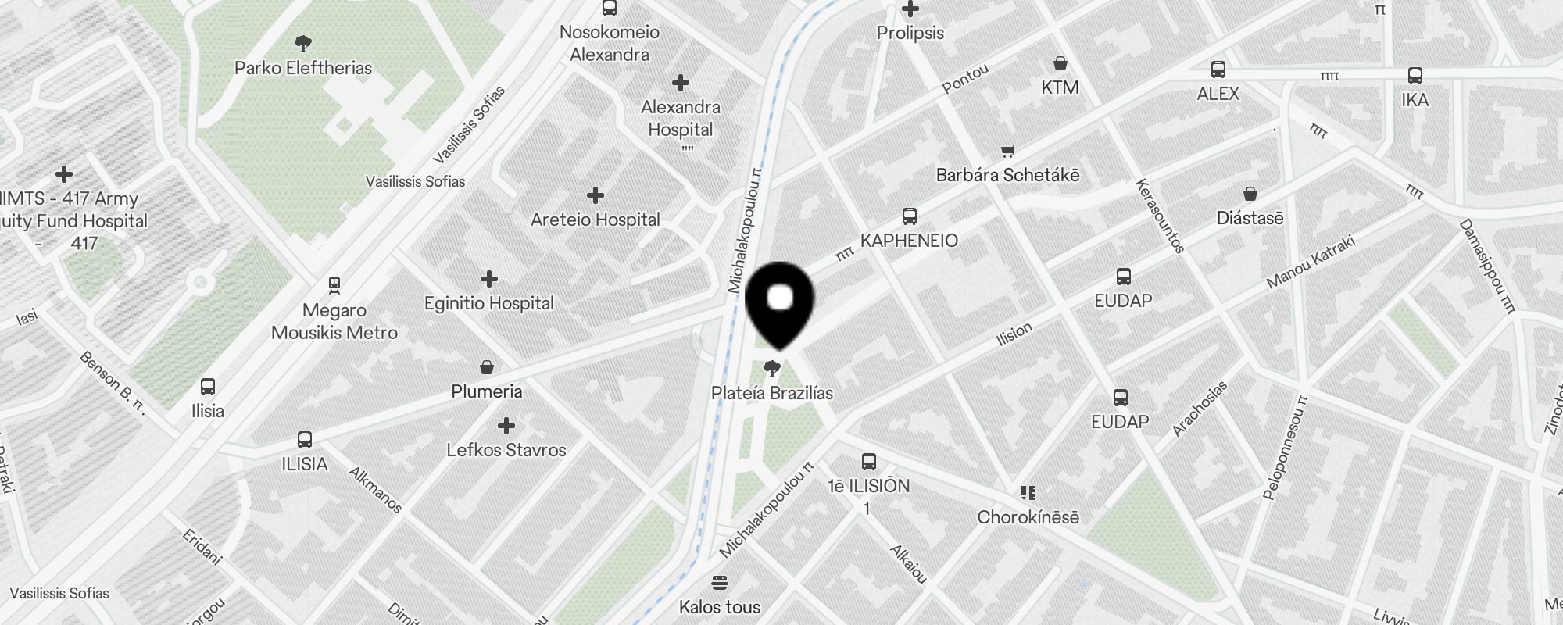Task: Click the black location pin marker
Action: pos(780,301)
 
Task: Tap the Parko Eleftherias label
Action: pos(303,68)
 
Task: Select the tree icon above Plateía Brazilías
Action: pos(772,369)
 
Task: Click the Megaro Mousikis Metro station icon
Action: pos(334,286)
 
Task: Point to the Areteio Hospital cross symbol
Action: pos(596,195)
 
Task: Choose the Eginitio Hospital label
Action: pos(488,303)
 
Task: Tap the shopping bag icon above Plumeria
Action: pos(487,366)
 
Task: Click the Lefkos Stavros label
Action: pos(506,450)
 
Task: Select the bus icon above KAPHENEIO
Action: pos(909,216)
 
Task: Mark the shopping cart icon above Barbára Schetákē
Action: pos(1008,151)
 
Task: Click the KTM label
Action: pos(1060,87)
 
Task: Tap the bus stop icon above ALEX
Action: pos(1218,70)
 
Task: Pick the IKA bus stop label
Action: pos(1415,100)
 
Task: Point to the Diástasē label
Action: pos(1250,219)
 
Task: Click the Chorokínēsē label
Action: pos(1028,517)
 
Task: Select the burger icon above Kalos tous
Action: pos(720,583)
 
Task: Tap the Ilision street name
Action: pos(1014,334)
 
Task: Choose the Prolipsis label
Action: pos(910,33)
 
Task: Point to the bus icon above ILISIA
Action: pos(305,440)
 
